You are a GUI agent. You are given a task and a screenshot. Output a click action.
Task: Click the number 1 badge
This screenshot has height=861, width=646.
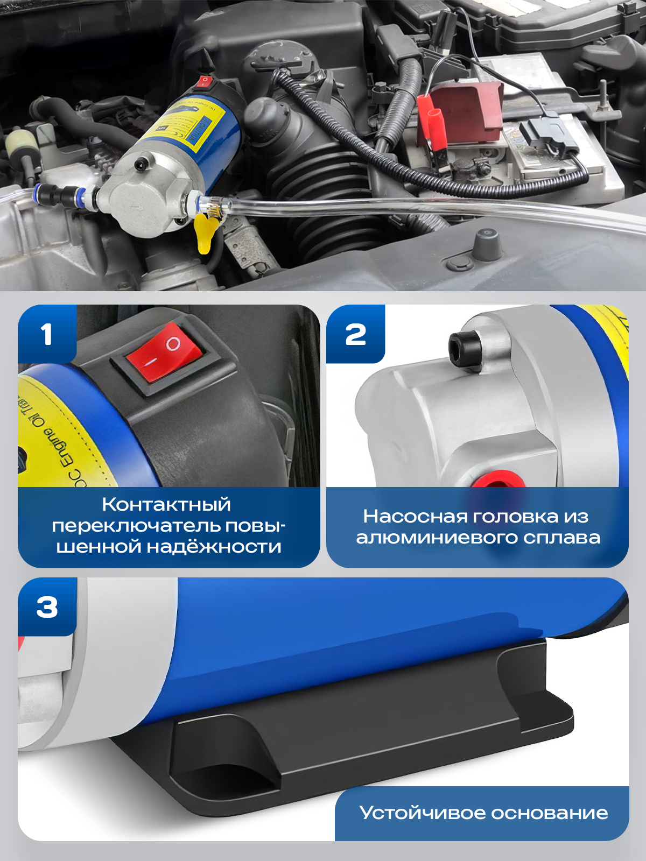[47, 334]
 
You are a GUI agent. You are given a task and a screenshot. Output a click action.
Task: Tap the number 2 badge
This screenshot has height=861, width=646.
[355, 334]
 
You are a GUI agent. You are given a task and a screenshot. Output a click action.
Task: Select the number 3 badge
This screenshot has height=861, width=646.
[47, 608]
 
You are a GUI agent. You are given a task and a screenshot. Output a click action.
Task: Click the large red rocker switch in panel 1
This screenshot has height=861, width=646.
[164, 352]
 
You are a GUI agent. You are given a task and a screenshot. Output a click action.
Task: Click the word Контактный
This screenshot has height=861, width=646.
[166, 504]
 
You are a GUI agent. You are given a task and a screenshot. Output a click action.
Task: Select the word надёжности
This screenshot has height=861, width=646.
[214, 547]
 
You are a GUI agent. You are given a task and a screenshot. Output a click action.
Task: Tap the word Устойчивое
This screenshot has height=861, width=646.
[422, 813]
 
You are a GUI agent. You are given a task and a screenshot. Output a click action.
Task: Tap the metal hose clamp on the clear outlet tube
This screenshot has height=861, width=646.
[215, 209]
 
